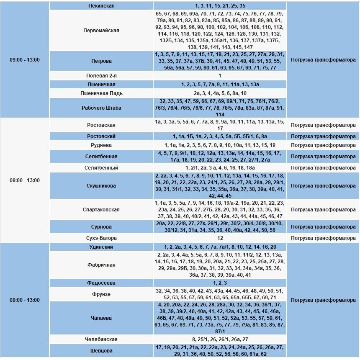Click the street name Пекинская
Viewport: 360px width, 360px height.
101,6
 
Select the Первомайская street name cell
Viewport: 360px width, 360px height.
101,31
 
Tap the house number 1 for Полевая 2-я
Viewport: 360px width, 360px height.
220,76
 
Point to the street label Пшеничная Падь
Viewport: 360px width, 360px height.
101,93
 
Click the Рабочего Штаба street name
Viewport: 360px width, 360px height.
101,108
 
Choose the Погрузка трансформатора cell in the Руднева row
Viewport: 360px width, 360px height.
323,145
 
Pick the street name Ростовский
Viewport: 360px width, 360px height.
101,136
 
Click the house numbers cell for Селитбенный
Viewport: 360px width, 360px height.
220,168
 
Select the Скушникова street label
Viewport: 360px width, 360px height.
101,186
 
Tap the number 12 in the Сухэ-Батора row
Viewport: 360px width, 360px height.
220,238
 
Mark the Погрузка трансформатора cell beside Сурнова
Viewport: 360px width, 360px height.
323,227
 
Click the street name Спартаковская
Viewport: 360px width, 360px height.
101,210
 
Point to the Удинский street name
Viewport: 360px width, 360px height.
101,247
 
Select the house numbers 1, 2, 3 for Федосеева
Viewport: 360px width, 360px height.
220,283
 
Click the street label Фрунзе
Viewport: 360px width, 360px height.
101,294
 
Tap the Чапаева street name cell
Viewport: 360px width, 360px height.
101,318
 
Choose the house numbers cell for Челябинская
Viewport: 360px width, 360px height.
220,339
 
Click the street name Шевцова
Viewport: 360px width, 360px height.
101,351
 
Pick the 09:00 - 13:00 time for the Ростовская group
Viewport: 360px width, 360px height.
25,180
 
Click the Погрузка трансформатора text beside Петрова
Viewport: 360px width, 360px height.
323,60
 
